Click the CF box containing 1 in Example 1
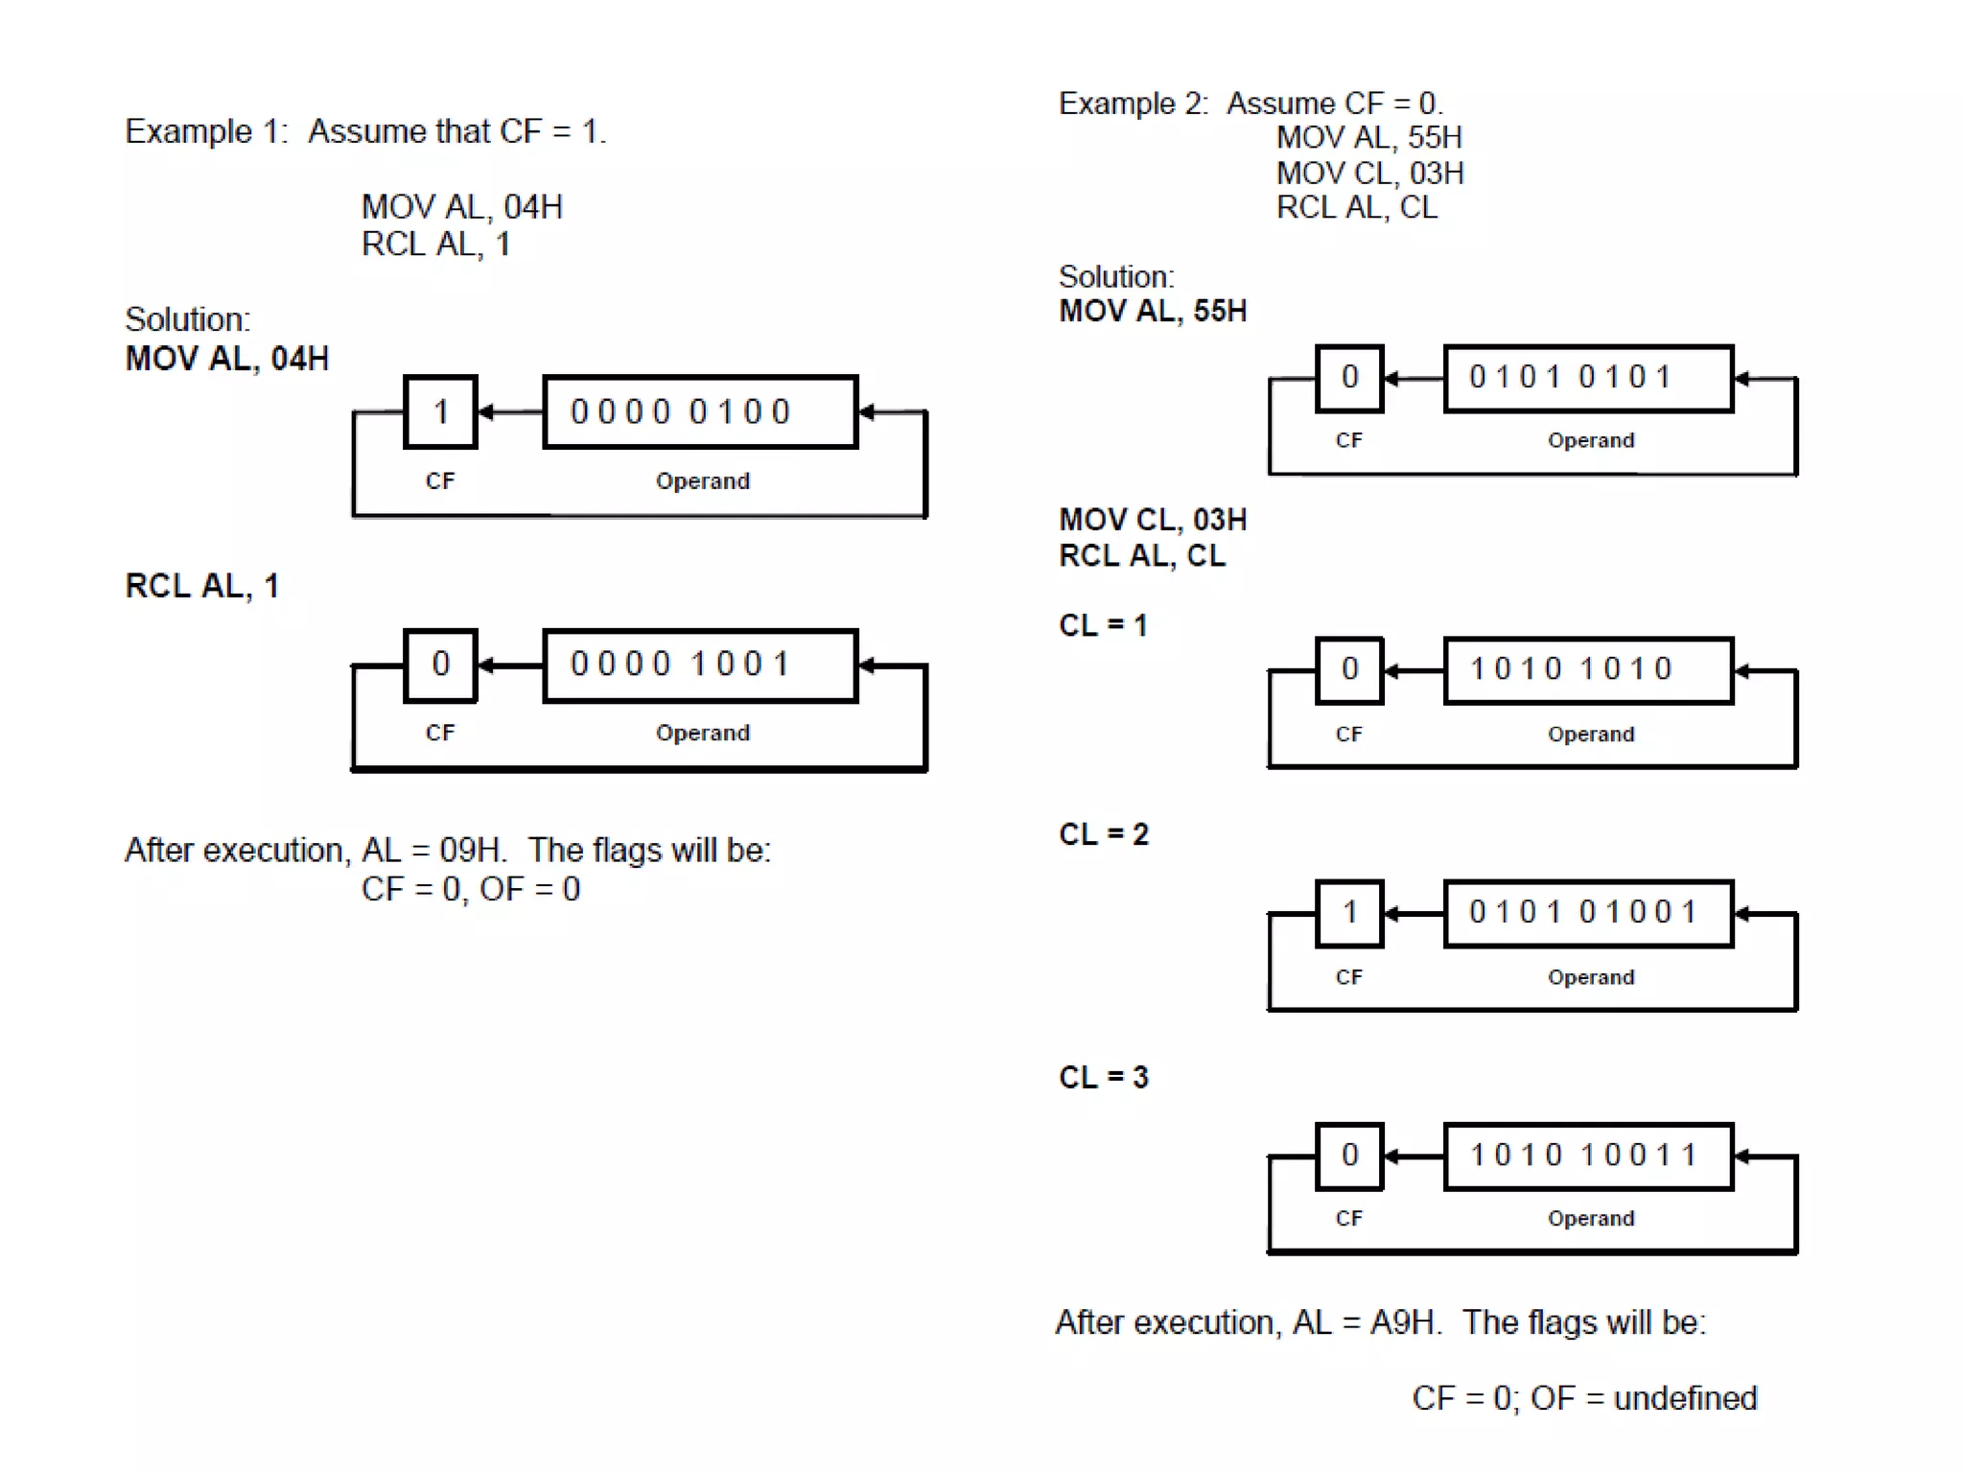coord(440,411)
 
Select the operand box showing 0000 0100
coord(700,411)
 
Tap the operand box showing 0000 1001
coord(700,665)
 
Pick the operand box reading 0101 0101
coord(1588,378)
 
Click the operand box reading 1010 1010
coord(1588,669)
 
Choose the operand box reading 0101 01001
coord(1588,912)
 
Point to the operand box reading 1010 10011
coord(1588,1156)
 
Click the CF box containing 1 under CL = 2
coord(1349,912)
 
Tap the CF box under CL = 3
coord(1349,1156)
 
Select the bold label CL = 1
coord(1103,625)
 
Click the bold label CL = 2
coord(1103,834)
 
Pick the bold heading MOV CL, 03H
coord(1153,520)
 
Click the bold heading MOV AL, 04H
coord(227,359)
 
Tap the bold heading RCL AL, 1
coord(202,586)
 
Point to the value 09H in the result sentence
coord(470,851)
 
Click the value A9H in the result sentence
coord(1403,1322)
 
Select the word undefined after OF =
coord(1685,1398)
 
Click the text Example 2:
coord(1133,104)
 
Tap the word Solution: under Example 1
coord(187,319)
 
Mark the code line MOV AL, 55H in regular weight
coord(1368,138)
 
